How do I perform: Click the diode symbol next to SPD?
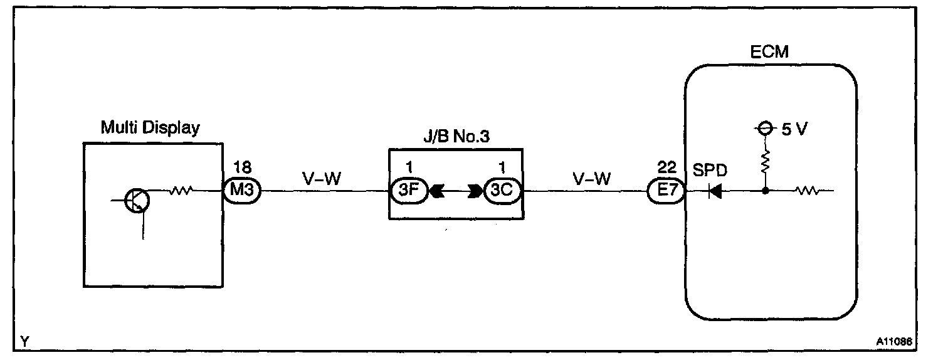[x=714, y=191]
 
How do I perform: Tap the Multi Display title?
[x=150, y=129]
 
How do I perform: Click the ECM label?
[x=769, y=52]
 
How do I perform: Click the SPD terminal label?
[x=710, y=172]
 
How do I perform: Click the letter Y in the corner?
[x=24, y=342]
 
